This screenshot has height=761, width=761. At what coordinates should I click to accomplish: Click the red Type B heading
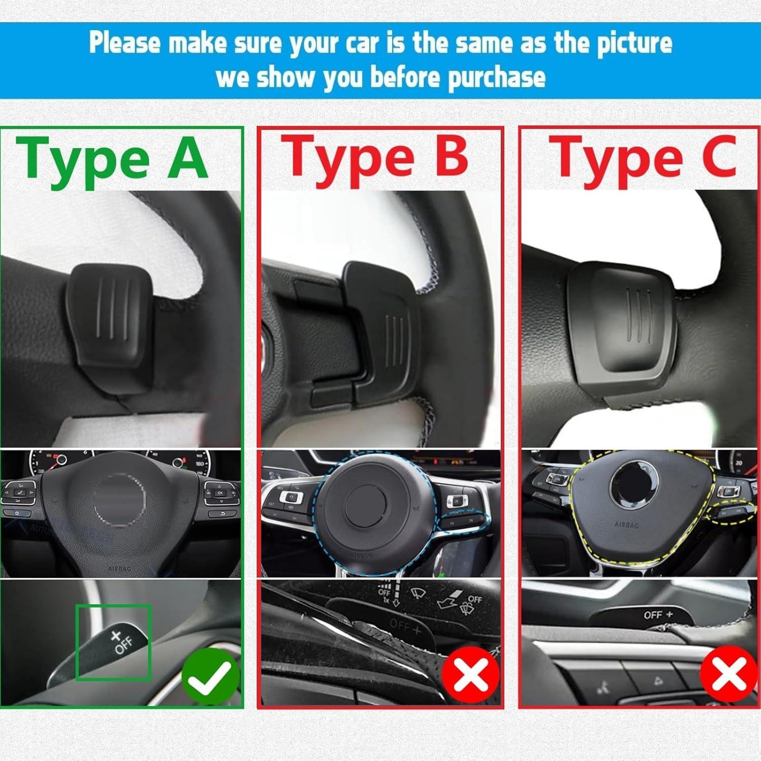coord(375,158)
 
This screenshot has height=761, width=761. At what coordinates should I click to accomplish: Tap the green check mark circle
coord(210,677)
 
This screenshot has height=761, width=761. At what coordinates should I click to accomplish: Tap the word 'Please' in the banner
coord(124,43)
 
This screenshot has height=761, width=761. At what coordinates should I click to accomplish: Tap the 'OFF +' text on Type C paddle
coord(658,615)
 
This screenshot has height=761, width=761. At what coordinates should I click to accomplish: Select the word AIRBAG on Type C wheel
coord(626,525)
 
